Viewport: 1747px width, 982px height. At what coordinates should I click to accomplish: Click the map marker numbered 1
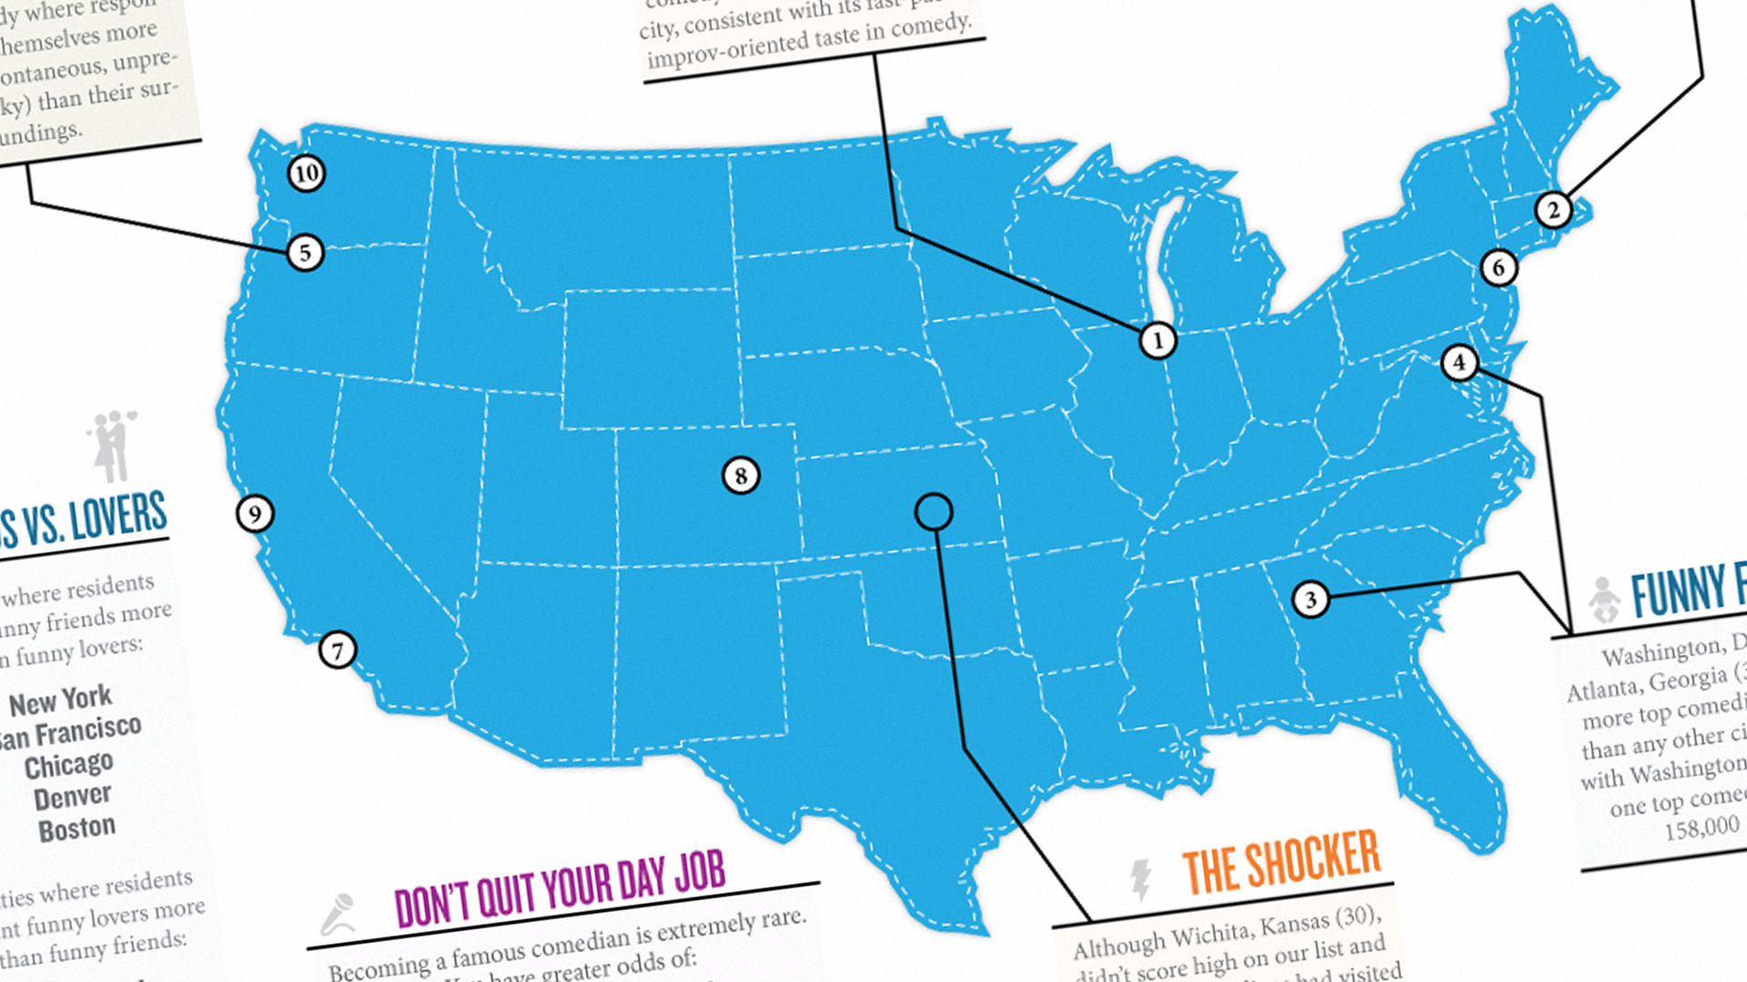1157,341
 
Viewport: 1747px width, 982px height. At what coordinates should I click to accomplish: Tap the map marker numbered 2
1553,210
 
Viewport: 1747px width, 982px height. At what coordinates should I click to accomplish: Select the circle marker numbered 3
1310,599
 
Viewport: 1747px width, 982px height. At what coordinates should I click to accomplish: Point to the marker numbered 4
1459,362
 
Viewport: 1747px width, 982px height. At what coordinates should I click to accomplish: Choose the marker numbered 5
305,252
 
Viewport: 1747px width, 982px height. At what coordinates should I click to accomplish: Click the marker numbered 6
1499,267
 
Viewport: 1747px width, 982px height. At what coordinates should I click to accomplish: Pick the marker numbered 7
338,650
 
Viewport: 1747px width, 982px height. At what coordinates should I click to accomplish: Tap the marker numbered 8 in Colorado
741,475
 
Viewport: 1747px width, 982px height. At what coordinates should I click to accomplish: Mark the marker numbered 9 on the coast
255,514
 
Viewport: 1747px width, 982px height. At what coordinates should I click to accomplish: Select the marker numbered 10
307,173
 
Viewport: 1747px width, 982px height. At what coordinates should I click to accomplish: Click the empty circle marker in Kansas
934,512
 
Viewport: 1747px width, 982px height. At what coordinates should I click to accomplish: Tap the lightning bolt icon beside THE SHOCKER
1139,878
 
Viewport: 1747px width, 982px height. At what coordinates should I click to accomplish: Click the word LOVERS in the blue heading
118,516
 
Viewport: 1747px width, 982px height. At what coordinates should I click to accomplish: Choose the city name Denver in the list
72,797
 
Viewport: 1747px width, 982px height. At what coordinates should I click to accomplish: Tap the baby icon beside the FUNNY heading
1604,599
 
